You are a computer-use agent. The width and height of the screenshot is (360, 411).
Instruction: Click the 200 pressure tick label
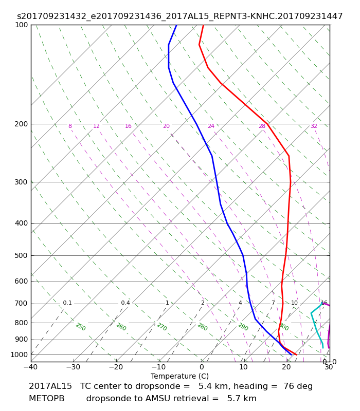click(x=21, y=124)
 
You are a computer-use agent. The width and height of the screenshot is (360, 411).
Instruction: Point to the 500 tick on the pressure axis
click(x=21, y=255)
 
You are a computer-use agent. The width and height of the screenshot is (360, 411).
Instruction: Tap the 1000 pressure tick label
click(x=19, y=354)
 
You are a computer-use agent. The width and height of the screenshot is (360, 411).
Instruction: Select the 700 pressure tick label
click(x=21, y=304)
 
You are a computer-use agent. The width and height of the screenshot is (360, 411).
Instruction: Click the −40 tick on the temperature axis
click(x=31, y=367)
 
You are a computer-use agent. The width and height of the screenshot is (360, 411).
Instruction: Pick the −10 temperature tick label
click(x=159, y=367)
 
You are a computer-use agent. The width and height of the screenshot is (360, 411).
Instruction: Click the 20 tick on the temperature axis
click(x=286, y=367)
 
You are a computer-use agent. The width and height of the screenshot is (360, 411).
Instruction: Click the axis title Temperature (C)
click(x=179, y=376)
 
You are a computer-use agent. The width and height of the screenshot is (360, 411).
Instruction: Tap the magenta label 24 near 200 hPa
click(x=211, y=126)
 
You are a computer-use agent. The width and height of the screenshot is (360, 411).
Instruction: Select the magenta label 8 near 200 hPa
click(x=70, y=126)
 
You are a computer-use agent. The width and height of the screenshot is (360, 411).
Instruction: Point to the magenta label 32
click(x=314, y=126)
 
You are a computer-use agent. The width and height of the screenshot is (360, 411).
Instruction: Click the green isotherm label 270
click(x=162, y=327)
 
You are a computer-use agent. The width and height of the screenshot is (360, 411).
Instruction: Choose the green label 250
click(x=81, y=327)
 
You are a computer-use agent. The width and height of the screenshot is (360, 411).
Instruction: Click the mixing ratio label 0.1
click(x=67, y=303)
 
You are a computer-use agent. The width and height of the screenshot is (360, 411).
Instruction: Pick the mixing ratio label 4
click(x=240, y=303)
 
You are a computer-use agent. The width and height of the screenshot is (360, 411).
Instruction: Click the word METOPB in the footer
click(x=46, y=399)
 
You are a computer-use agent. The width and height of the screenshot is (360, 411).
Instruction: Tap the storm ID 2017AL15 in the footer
click(x=50, y=386)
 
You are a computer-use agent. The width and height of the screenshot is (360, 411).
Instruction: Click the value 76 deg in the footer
click(x=298, y=386)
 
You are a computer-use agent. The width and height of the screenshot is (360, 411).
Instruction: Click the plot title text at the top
click(x=179, y=16)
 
